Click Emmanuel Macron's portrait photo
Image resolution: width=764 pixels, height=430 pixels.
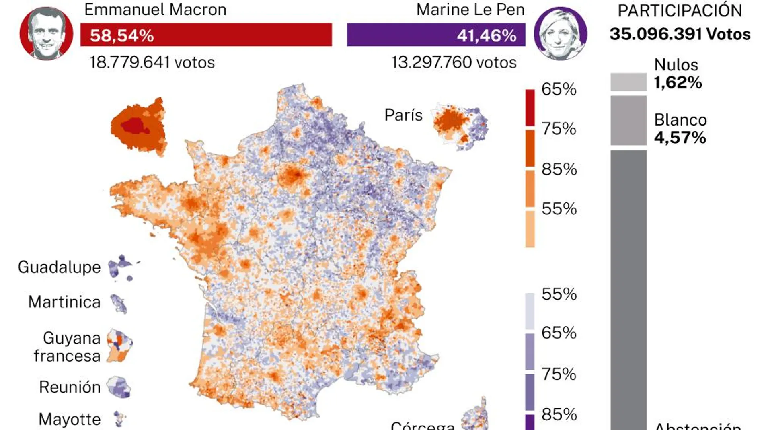[x=46, y=34]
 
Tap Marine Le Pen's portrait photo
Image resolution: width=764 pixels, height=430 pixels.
[x=560, y=34]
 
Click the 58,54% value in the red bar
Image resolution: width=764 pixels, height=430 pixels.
[x=121, y=35]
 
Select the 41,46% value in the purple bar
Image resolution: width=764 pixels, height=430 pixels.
[x=487, y=35]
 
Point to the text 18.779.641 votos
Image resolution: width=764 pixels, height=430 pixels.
[x=152, y=62]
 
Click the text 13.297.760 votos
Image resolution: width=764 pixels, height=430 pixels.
[x=454, y=62]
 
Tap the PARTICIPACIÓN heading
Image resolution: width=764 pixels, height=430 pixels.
[x=680, y=11]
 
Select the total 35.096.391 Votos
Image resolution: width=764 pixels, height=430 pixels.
[x=680, y=34]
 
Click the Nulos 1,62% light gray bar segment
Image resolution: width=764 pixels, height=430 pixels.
[x=628, y=82]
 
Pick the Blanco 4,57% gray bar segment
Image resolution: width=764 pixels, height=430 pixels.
[x=628, y=120]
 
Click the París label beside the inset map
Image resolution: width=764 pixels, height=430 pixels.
[x=403, y=115]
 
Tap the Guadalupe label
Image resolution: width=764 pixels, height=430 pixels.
[x=59, y=267]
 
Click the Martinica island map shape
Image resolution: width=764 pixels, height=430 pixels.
[x=119, y=304]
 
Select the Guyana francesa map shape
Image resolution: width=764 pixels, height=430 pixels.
[x=119, y=345]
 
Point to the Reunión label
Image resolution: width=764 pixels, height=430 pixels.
[x=70, y=387]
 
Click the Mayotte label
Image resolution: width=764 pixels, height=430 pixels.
[x=70, y=419]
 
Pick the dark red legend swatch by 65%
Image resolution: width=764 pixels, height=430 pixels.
[x=530, y=107]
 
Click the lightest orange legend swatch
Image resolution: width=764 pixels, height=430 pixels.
[x=530, y=229]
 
